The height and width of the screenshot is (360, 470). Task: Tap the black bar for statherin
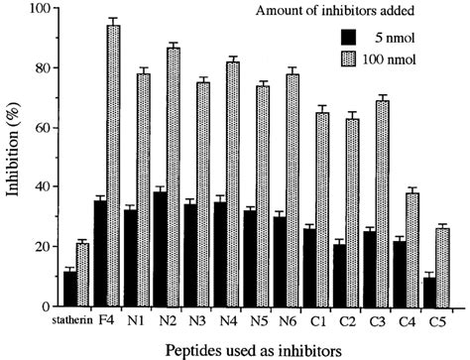click(x=69, y=289)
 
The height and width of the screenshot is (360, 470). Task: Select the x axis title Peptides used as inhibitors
click(x=253, y=348)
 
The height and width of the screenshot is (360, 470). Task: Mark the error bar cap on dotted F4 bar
click(x=113, y=18)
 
